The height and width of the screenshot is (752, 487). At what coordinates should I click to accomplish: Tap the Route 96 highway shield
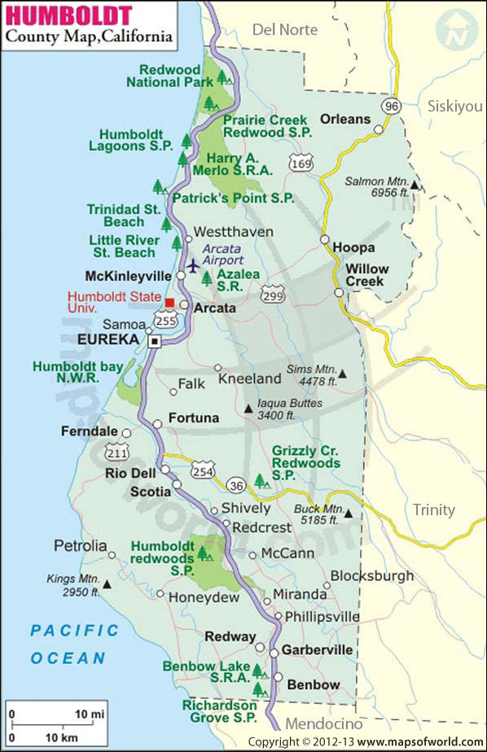[x=393, y=107]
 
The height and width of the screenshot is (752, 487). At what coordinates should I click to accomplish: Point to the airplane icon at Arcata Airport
[x=193, y=265]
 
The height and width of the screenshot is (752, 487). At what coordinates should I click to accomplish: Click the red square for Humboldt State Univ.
[x=169, y=303]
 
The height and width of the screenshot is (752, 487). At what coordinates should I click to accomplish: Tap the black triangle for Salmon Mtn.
[x=415, y=186]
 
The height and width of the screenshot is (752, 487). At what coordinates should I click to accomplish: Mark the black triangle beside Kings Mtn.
[x=107, y=583]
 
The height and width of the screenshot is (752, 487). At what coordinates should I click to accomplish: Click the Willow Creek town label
[x=366, y=275]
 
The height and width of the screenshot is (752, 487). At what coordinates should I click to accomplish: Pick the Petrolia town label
[x=80, y=545]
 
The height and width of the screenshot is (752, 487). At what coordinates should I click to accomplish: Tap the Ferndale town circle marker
[x=126, y=432]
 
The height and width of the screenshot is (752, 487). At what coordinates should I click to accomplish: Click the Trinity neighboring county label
[x=435, y=509]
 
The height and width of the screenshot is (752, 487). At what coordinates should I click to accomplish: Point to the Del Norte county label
[x=287, y=29]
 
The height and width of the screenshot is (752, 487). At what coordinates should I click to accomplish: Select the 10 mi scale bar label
[x=91, y=714]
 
